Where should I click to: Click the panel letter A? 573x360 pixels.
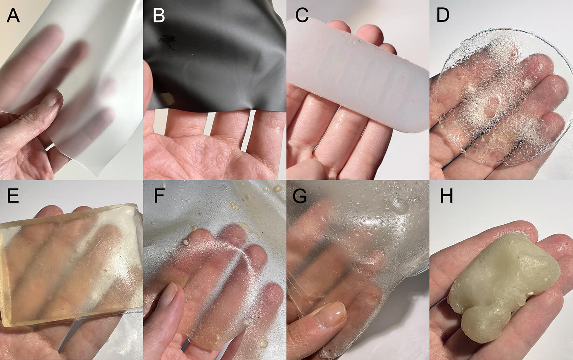[13, 16]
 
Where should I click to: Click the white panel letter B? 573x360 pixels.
[159, 16]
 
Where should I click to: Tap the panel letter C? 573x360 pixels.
[301, 16]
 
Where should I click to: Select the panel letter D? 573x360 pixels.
[443, 16]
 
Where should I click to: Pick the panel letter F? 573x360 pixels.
[159, 196]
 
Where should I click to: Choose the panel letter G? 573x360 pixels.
[300, 196]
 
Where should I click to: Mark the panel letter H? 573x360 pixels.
[446, 196]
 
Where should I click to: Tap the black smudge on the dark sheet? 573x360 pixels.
[167, 40]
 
